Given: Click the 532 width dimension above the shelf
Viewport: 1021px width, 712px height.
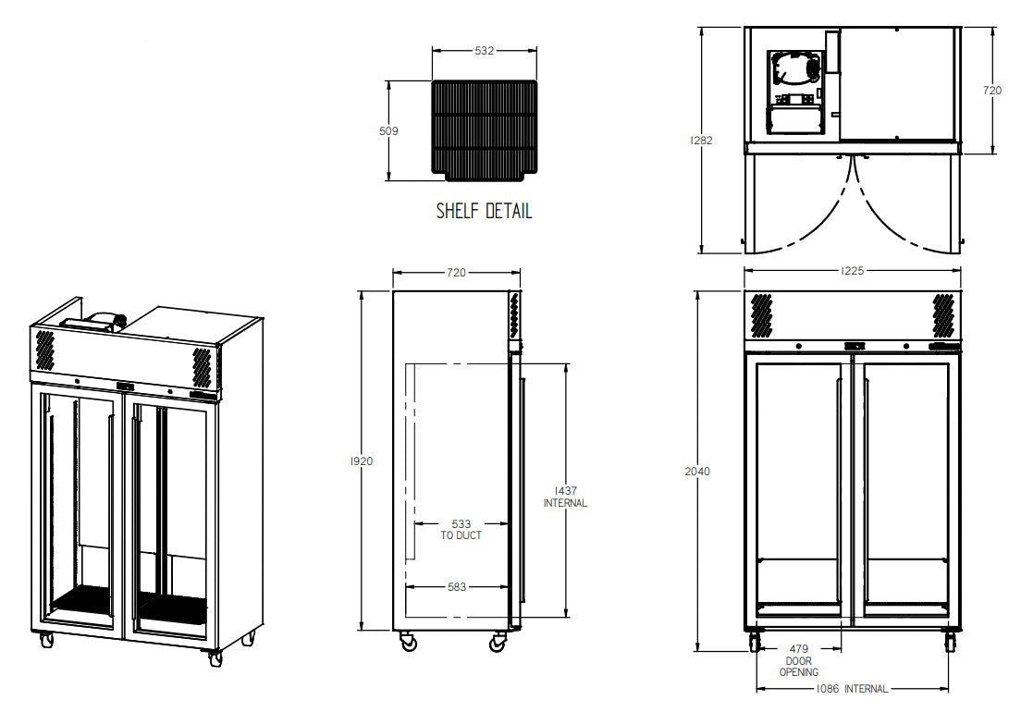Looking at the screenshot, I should pyautogui.click(x=484, y=52).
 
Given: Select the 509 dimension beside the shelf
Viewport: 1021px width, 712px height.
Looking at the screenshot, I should pyautogui.click(x=388, y=131).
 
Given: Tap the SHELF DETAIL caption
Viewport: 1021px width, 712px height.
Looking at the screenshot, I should pyautogui.click(x=484, y=212).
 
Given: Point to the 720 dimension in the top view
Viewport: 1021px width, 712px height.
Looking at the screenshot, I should pyautogui.click(x=991, y=91).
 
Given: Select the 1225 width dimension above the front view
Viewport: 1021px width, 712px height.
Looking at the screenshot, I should pyautogui.click(x=852, y=271).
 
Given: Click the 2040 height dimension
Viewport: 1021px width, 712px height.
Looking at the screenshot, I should pyautogui.click(x=699, y=472).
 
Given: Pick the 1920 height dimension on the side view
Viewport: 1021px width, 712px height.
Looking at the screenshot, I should pyautogui.click(x=362, y=460).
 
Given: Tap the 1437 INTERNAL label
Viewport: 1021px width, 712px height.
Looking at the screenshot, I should pyautogui.click(x=565, y=497).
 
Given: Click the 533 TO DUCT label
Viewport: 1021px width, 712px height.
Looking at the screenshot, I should pyautogui.click(x=460, y=529).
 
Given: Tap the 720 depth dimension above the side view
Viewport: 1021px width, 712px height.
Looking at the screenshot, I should pyautogui.click(x=456, y=273).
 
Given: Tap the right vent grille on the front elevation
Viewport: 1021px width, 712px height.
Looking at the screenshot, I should pyautogui.click(x=943, y=314).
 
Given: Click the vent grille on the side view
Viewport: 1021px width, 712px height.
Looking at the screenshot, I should pyautogui.click(x=513, y=315).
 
